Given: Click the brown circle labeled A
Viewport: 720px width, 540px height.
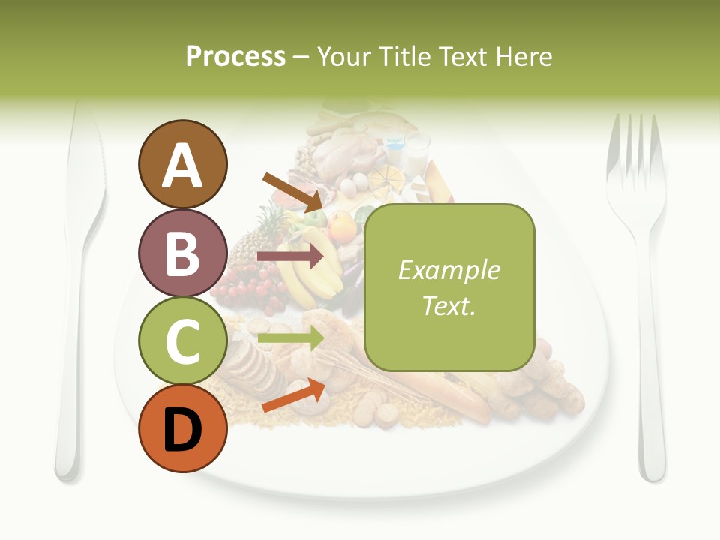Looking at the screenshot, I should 182,164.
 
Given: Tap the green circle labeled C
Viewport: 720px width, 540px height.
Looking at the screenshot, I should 182,340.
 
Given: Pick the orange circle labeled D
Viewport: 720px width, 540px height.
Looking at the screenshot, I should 182,428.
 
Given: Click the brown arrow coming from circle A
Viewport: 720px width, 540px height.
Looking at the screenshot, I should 293,192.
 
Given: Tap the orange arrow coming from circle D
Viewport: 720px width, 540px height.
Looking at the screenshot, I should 293,395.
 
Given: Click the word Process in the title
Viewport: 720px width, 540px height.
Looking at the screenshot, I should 235,56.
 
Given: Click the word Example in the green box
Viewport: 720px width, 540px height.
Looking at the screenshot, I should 448,270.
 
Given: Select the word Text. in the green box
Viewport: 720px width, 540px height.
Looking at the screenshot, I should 448,305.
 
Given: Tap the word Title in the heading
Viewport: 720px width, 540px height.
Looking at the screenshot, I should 404,56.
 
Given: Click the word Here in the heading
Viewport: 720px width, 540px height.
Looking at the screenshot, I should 522,56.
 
